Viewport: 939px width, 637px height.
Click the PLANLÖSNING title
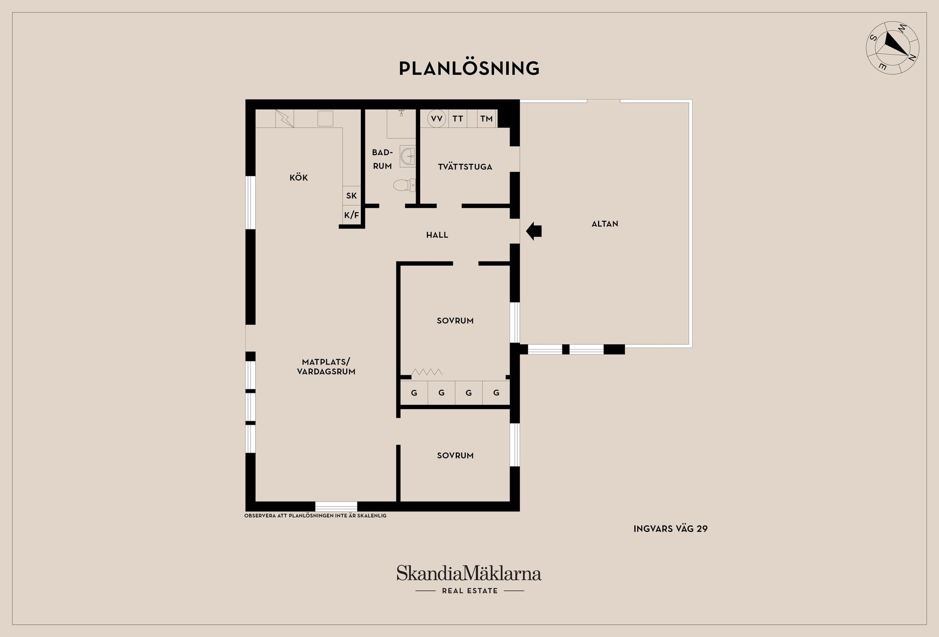coord(469,68)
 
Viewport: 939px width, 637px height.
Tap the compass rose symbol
coord(893,47)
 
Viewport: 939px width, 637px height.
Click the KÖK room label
coord(298,178)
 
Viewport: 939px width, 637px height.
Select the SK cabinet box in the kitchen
coord(352,196)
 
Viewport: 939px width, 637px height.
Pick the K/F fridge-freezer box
coord(352,215)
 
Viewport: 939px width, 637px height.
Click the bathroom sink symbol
coord(407,157)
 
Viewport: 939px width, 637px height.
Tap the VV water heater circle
coord(437,119)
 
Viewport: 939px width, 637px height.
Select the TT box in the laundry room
coord(458,119)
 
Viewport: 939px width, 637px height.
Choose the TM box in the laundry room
coord(486,119)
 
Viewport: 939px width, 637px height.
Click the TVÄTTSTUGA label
coord(465,167)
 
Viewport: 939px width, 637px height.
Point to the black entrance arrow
coord(534,231)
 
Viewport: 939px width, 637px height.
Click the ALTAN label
coord(604,224)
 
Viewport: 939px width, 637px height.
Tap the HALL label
coord(437,235)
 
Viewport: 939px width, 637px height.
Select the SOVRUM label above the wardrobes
coord(455,321)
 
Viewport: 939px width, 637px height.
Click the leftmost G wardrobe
coord(414,393)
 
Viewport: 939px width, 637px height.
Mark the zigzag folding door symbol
coord(427,372)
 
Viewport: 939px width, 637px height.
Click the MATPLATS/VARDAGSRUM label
coord(326,367)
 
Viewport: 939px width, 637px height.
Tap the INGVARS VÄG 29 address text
coord(670,529)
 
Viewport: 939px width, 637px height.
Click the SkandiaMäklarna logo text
coord(469,573)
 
